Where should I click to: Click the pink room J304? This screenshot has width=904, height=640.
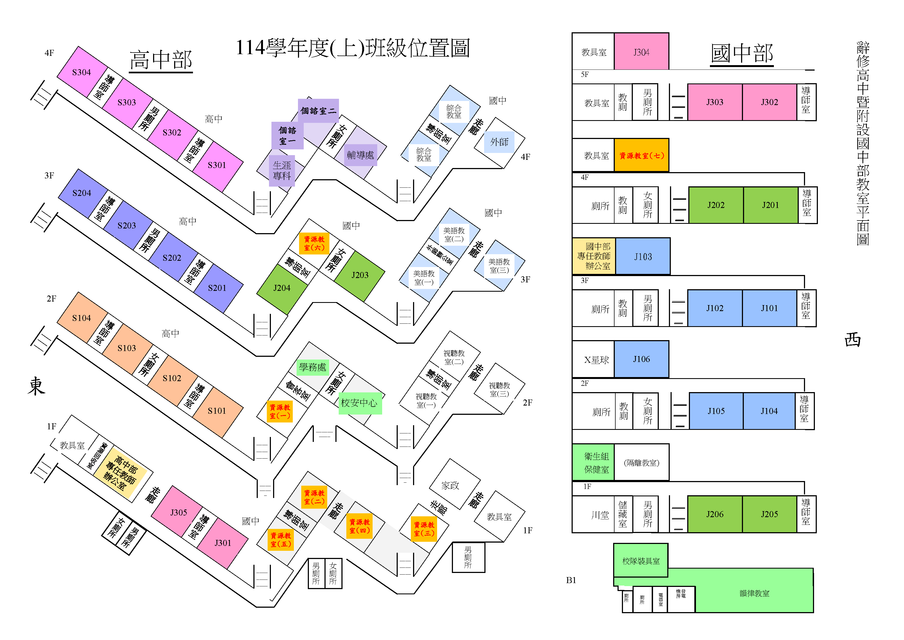click(x=641, y=52)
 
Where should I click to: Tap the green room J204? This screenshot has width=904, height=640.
click(x=282, y=288)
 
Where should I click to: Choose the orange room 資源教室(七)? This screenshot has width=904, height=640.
click(x=641, y=155)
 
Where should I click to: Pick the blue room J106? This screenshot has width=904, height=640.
click(x=641, y=359)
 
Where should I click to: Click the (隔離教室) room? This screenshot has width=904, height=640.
click(x=641, y=463)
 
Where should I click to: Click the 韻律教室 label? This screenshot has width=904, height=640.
click(x=754, y=593)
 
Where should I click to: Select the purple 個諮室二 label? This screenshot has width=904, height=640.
click(x=318, y=111)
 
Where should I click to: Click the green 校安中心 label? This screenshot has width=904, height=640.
click(x=359, y=403)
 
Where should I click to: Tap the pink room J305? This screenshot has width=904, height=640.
click(x=178, y=512)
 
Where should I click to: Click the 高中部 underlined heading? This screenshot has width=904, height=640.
click(x=161, y=60)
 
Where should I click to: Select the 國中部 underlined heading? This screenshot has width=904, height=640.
click(x=742, y=54)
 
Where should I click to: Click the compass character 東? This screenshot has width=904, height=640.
click(x=36, y=386)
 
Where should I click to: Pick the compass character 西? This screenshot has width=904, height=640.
click(x=853, y=339)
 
